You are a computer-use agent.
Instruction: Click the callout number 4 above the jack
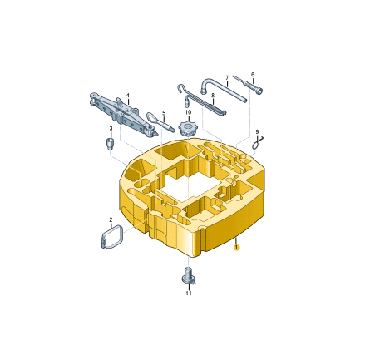point(128,96)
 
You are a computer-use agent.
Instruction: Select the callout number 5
point(164,113)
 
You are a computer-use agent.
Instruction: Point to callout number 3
point(111,128)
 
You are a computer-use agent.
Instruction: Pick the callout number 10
point(188,112)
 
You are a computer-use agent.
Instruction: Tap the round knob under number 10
point(188,129)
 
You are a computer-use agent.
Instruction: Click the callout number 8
point(213,96)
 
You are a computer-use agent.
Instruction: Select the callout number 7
point(227,78)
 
